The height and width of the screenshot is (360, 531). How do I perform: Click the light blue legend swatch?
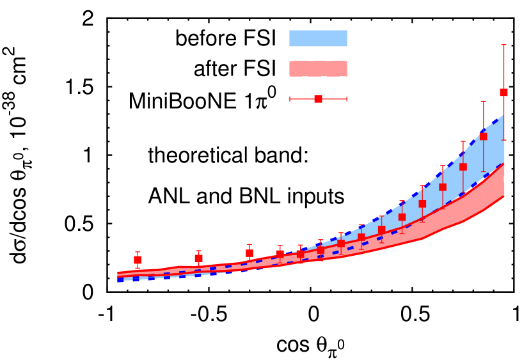pyautogui.click(x=318, y=38)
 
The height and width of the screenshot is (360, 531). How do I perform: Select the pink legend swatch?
pyautogui.click(x=318, y=69)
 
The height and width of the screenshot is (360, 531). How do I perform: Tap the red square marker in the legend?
pyautogui.click(x=318, y=99)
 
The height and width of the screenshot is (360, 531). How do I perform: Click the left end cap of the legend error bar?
pyautogui.click(x=290, y=99)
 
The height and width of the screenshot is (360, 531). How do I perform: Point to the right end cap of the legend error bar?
pyautogui.click(x=347, y=99)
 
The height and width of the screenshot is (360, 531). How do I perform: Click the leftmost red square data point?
pyautogui.click(x=138, y=260)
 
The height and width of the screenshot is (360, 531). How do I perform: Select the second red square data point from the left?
pyautogui.click(x=198, y=258)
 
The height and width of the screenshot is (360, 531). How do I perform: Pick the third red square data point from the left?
pyautogui.click(x=250, y=253)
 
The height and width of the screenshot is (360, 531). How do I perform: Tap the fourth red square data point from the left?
pyautogui.click(x=280, y=254)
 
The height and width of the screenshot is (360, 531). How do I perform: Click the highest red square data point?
pyautogui.click(x=503, y=92)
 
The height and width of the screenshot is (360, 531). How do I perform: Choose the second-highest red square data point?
pyautogui.click(x=483, y=136)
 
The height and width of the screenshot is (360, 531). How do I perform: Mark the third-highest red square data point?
pyautogui.click(x=463, y=167)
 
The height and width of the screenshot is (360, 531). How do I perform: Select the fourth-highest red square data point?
pyautogui.click(x=442, y=187)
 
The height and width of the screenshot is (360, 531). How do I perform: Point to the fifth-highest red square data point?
pyautogui.click(x=422, y=203)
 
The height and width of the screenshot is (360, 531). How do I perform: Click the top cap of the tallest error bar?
pyautogui.click(x=503, y=45)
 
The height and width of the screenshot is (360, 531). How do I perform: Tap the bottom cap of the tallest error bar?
pyautogui.click(x=503, y=140)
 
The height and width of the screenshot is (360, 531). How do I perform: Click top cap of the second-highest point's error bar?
pyautogui.click(x=483, y=101)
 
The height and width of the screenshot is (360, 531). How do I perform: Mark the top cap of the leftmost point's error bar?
pyautogui.click(x=138, y=252)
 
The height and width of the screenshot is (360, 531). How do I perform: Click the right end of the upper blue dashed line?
pyautogui.click(x=503, y=115)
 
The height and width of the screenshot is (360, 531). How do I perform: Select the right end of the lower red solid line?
pyautogui.click(x=504, y=196)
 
